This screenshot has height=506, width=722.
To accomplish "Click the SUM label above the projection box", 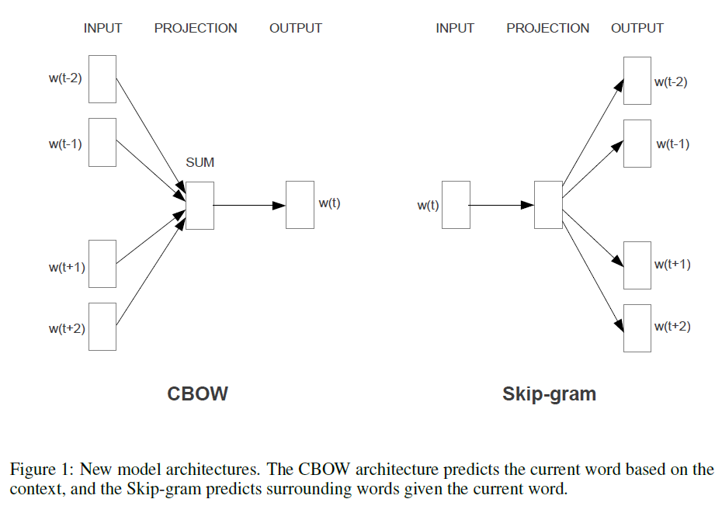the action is (x=200, y=162).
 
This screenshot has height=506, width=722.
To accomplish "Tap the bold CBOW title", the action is (x=197, y=394).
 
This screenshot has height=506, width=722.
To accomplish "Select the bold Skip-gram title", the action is (x=550, y=394).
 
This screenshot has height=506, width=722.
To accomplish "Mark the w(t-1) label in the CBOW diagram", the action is (x=65, y=144).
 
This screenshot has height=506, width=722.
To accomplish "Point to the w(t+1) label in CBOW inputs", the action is (x=67, y=268).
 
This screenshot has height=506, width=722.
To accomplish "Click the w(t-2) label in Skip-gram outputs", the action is (x=671, y=82).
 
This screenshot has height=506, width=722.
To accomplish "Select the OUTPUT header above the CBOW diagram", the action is (x=296, y=29).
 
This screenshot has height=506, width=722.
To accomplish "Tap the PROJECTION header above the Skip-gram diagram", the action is (x=548, y=29).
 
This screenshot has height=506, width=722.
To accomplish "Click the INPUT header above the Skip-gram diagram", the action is (x=455, y=29).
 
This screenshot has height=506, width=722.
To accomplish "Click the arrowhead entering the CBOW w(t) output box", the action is (x=279, y=206).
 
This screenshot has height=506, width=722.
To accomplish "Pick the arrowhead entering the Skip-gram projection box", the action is (x=528, y=206).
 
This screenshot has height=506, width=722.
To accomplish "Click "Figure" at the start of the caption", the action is (x=33, y=470).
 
